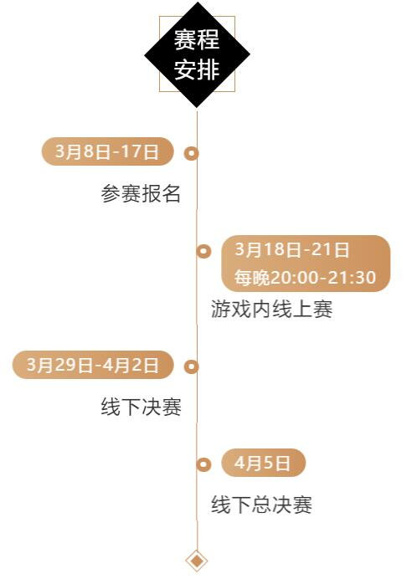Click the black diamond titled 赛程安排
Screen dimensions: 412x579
coord(197,54)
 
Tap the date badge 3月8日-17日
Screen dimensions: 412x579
coord(107,151)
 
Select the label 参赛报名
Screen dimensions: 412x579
coord(141,193)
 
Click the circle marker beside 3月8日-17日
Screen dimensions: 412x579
coord(191,153)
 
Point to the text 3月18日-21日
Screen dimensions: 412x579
coord(292,249)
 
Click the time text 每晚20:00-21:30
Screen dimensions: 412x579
coord(305,277)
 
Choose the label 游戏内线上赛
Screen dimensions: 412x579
coord(271,309)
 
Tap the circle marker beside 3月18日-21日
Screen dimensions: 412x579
coord(203,251)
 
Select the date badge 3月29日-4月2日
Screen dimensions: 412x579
coord(93,365)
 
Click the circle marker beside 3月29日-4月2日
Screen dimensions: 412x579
coord(191,366)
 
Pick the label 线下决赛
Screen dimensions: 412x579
coord(142,407)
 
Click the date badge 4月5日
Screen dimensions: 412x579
coord(263,463)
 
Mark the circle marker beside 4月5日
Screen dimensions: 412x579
coord(203,464)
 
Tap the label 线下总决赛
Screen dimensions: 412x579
coord(261,505)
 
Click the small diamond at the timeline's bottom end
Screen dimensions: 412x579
coord(197,561)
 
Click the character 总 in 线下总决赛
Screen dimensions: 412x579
coord(261,505)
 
